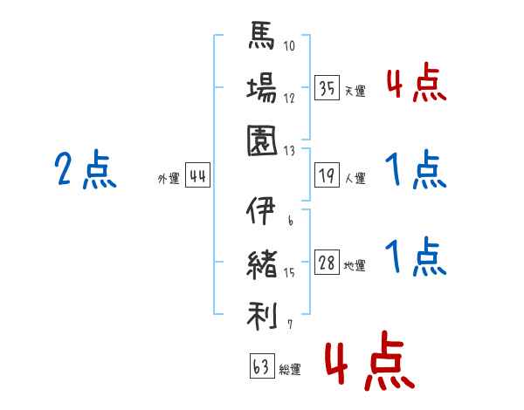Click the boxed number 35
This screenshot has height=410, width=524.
[x=327, y=88]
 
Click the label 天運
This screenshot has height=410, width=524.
[x=355, y=91]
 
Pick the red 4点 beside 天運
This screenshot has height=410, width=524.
[x=416, y=85]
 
